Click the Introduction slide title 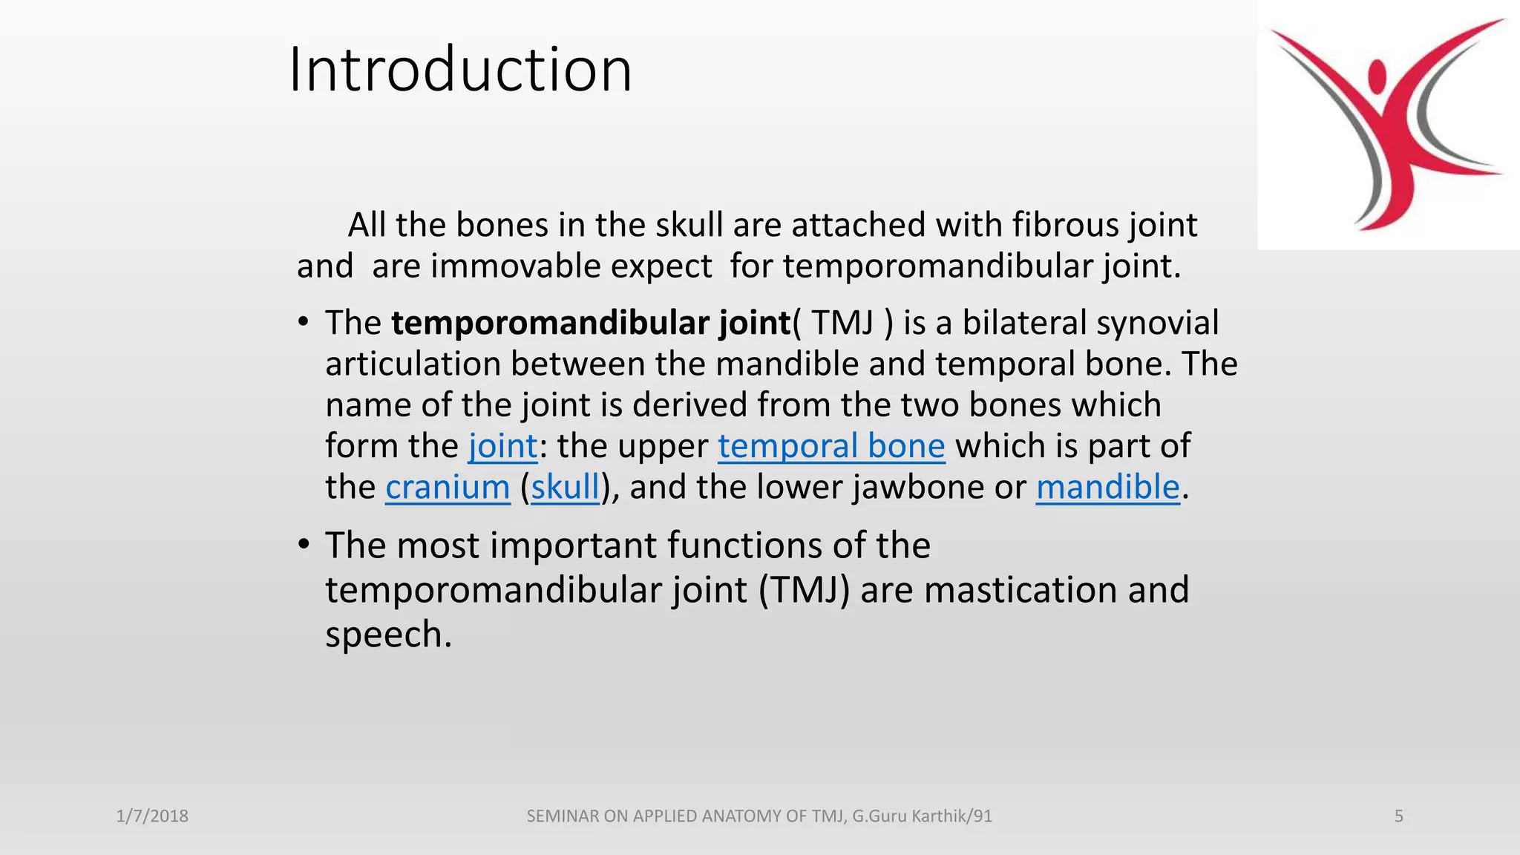[460, 70]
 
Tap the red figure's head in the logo [1377, 75]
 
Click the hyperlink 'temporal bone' [831, 446]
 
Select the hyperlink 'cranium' [448, 488]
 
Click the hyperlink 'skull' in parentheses [565, 488]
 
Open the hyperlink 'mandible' [1107, 488]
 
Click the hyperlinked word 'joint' [502, 446]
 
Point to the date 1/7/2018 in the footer [152, 816]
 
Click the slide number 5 [1398, 816]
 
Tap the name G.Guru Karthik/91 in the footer [922, 816]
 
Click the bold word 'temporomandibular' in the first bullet [551, 324]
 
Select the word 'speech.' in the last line [388, 635]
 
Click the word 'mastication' [1021, 591]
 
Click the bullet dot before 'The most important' [303, 545]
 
